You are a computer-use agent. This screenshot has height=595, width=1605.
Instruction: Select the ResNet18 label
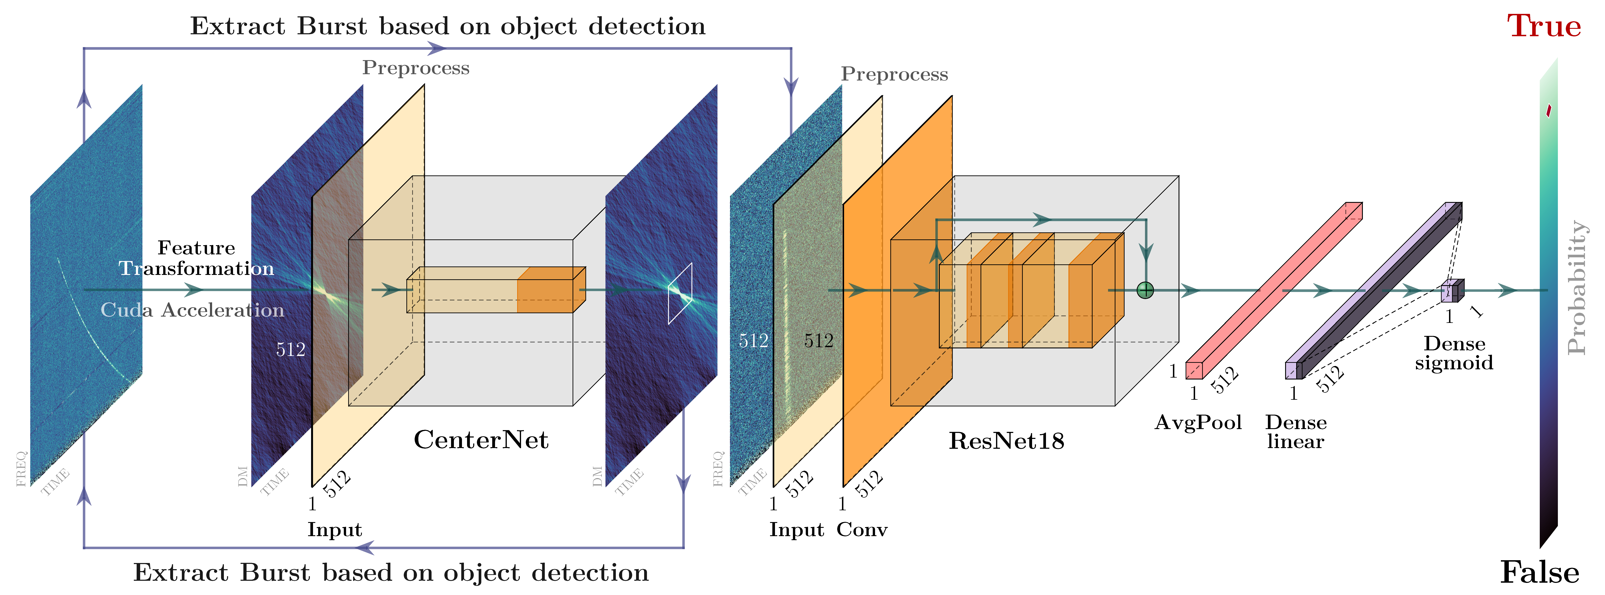tap(1006, 441)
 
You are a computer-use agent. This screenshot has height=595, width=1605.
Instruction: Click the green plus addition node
tap(1145, 290)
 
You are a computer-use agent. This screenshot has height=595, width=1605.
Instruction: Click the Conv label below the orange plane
tap(862, 530)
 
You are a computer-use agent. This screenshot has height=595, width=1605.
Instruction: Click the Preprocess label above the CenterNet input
tap(416, 68)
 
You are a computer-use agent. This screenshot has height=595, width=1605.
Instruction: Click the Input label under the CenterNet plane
tap(335, 530)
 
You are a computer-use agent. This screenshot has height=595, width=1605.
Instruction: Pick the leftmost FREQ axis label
tap(22, 468)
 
